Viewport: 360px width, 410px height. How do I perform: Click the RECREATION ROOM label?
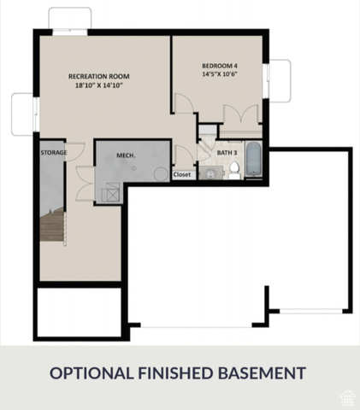pyautogui.click(x=99, y=76)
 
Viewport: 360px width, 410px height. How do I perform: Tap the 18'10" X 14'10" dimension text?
pyautogui.click(x=99, y=85)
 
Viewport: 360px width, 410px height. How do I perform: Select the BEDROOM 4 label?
pyautogui.click(x=220, y=66)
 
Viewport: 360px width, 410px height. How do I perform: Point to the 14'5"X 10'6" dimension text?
pyautogui.click(x=220, y=74)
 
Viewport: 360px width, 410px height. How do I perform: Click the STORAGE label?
pyautogui.click(x=54, y=153)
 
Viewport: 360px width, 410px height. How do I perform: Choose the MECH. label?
pyautogui.click(x=126, y=155)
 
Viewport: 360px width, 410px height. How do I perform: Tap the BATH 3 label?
pyautogui.click(x=227, y=153)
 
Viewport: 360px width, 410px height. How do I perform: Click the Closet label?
pyautogui.click(x=182, y=174)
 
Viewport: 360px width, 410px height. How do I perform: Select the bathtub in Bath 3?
pyautogui.click(x=253, y=159)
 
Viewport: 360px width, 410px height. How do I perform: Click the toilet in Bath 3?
pyautogui.click(x=234, y=170)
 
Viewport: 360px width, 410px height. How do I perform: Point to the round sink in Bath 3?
pyautogui.click(x=211, y=173)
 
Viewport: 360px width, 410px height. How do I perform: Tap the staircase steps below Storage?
pyautogui.click(x=52, y=225)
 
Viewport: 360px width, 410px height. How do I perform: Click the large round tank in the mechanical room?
pyautogui.click(x=162, y=174)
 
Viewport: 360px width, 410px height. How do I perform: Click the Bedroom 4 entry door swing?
pyautogui.click(x=184, y=103)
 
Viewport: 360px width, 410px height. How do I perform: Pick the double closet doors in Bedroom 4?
pyautogui.click(x=241, y=114)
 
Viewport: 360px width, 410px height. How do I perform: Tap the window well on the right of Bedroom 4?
pyautogui.click(x=280, y=81)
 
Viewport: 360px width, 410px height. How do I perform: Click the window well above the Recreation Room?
pyautogui.click(x=70, y=18)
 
